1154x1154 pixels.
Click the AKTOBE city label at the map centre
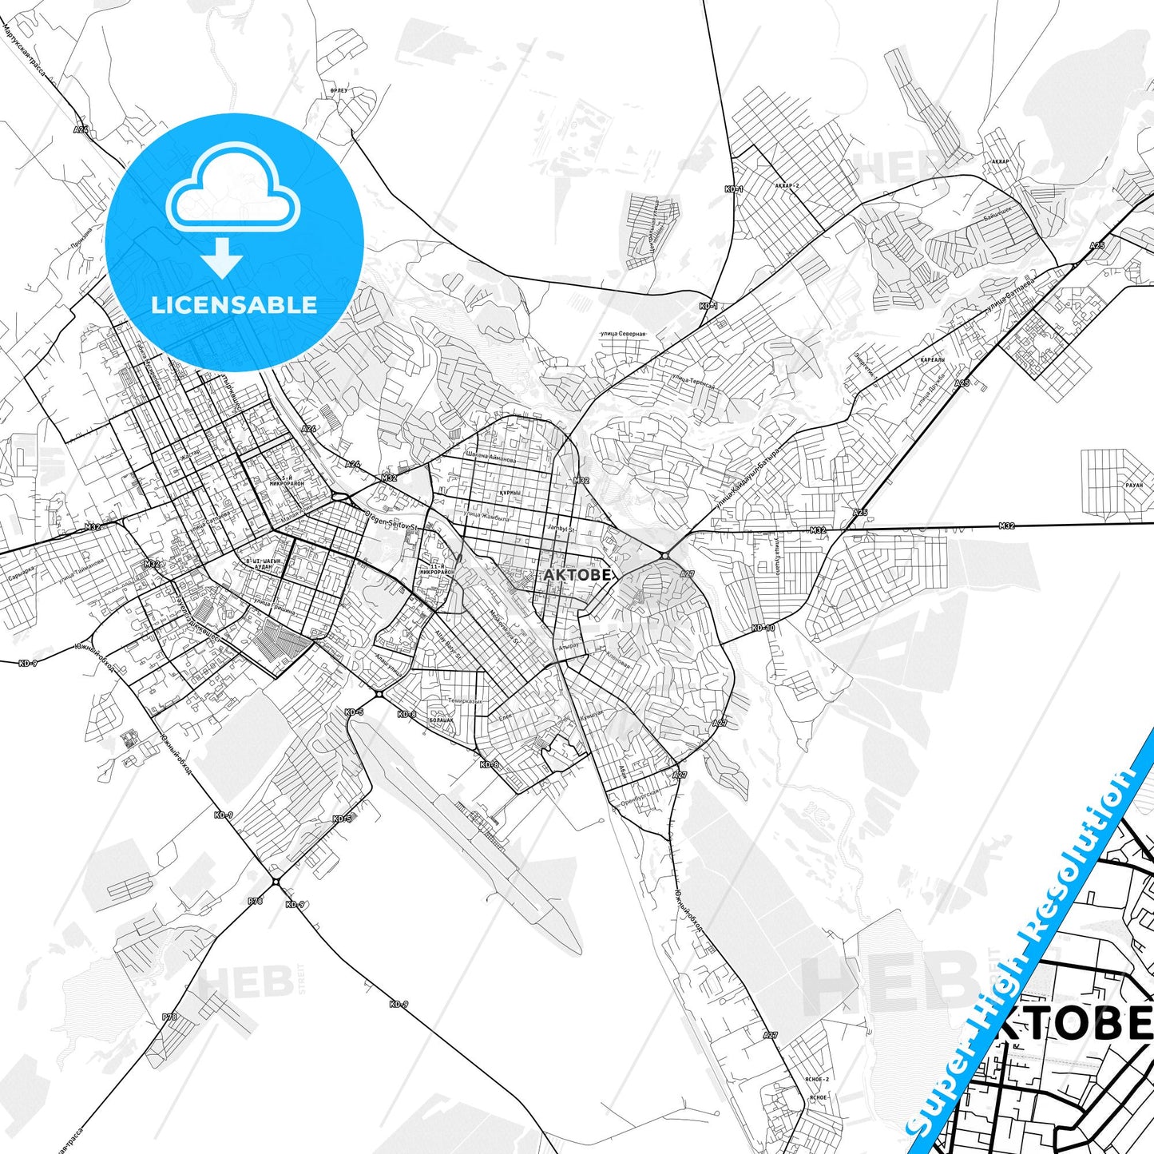pyautogui.click(x=577, y=574)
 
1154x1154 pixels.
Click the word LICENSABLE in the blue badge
pyautogui.click(x=234, y=305)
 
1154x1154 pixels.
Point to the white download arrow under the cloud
pyautogui.click(x=222, y=257)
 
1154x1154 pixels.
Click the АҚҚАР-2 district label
pyautogui.click(x=787, y=185)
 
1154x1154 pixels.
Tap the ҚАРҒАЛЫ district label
pyautogui.click(x=932, y=360)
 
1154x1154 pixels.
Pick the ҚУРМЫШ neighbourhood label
pyautogui.click(x=510, y=493)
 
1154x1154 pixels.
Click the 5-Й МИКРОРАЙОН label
pyautogui.click(x=287, y=480)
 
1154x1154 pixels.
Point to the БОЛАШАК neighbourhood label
pyautogui.click(x=441, y=720)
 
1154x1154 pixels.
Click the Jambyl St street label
pyautogui.click(x=562, y=529)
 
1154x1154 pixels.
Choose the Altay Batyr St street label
pyautogui.click(x=447, y=644)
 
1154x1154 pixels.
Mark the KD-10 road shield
pyautogui.click(x=763, y=628)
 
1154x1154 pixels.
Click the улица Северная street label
pyautogui.click(x=623, y=334)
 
